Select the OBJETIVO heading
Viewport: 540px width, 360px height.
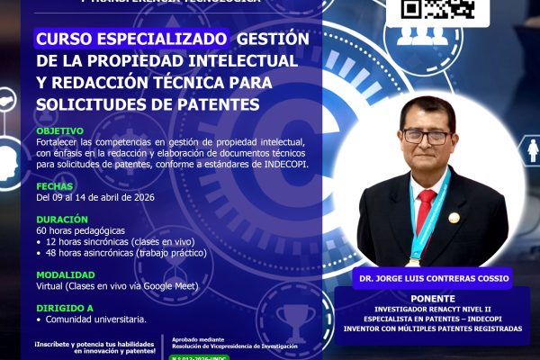[60, 130]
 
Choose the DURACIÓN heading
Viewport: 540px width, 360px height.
[62, 219]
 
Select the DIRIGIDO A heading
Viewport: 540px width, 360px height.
[64, 307]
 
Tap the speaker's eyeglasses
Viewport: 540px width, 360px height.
[427, 136]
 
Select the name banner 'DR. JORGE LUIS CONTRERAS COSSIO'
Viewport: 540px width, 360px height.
[431, 278]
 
